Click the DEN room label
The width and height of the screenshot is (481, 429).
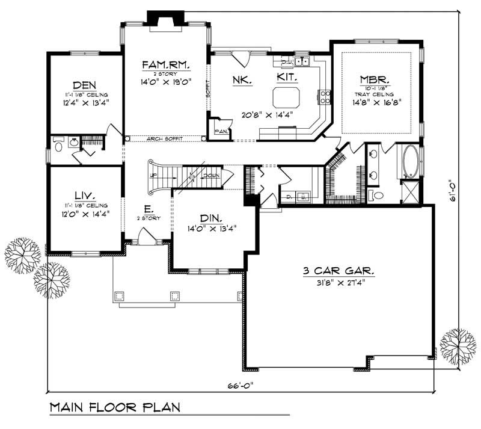click(x=85, y=85)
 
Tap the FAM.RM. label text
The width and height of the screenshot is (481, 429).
click(x=166, y=64)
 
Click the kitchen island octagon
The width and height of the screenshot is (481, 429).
click(x=286, y=97)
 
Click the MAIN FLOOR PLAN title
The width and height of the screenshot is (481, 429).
click(x=114, y=407)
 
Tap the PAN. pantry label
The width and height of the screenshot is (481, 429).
click(x=220, y=132)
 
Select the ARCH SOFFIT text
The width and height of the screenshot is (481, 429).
click(x=165, y=139)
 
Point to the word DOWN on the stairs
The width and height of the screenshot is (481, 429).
click(x=210, y=176)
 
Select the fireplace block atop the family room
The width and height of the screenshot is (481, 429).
click(x=166, y=18)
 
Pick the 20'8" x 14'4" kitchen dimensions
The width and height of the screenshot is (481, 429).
click(x=268, y=116)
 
